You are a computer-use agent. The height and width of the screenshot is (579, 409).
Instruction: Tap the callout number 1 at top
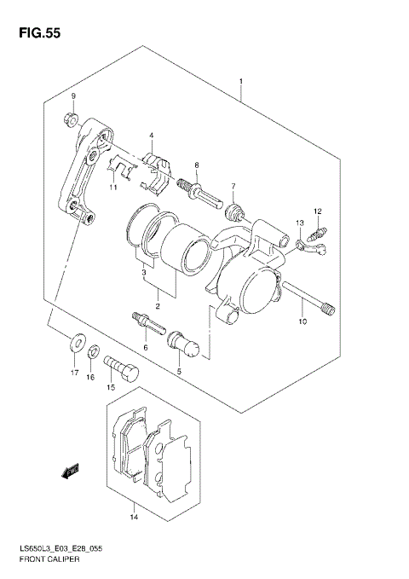click(242, 82)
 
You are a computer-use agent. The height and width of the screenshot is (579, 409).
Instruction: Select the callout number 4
click(150, 136)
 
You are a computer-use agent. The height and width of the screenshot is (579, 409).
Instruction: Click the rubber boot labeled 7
click(234, 208)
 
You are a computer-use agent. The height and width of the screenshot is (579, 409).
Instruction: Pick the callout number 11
click(112, 188)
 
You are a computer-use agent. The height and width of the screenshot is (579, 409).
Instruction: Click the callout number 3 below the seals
click(144, 272)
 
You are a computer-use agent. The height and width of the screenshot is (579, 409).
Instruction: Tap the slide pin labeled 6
click(147, 325)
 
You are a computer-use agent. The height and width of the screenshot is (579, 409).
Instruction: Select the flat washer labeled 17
click(76, 345)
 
